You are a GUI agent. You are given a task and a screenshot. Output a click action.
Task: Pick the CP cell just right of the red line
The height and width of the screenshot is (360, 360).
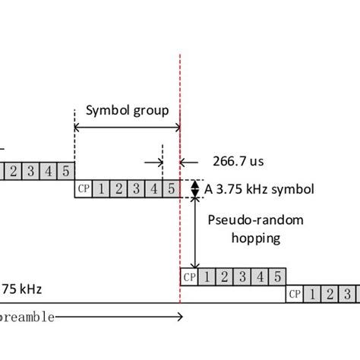(190, 276)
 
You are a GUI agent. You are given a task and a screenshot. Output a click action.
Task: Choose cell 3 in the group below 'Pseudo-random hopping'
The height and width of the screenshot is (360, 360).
(242, 276)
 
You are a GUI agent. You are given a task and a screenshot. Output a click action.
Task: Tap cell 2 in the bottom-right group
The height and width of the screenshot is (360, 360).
(331, 294)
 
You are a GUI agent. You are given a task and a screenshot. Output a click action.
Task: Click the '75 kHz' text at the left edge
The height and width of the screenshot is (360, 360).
(23, 289)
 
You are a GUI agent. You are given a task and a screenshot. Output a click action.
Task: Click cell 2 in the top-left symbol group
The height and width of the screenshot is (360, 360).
(13, 171)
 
